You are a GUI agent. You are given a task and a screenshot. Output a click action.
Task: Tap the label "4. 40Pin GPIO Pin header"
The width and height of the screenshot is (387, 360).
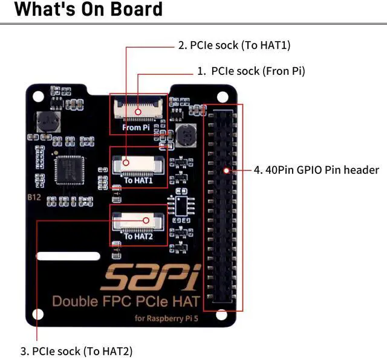point(316,170)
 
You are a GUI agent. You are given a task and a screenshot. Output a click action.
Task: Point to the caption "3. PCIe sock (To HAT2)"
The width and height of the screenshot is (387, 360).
point(76,350)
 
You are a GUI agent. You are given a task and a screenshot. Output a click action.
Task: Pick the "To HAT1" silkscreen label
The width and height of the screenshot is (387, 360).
point(138,180)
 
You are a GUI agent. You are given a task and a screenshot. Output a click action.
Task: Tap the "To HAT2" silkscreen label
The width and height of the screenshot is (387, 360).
point(138,236)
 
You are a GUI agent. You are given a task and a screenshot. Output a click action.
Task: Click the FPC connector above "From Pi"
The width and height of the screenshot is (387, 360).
point(138,111)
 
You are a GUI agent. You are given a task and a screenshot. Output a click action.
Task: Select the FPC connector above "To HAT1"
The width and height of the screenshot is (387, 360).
point(138,162)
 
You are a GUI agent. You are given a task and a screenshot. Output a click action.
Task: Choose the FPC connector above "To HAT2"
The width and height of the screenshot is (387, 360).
point(138,220)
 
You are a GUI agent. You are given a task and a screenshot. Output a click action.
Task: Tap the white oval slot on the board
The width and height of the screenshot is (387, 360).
point(68,256)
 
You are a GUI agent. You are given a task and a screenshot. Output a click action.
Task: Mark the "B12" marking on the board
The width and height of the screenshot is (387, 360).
point(34,198)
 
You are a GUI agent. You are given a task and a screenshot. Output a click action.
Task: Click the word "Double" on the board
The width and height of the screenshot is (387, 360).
point(74,301)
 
